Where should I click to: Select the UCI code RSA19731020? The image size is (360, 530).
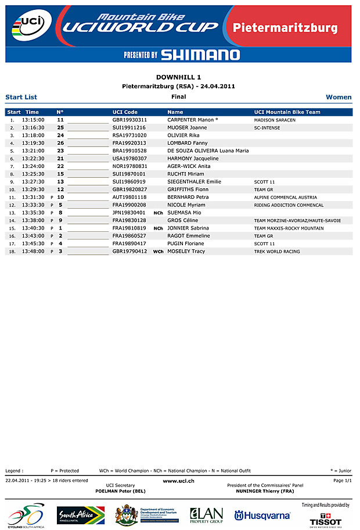129,135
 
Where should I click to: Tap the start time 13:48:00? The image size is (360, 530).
33,252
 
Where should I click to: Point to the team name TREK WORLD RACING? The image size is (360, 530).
277,252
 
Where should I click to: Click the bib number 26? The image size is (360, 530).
60,143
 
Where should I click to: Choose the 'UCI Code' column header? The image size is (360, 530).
125,112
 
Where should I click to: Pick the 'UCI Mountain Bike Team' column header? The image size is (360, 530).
287,112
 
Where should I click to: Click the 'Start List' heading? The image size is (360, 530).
21,97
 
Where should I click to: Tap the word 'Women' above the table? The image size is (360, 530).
339,97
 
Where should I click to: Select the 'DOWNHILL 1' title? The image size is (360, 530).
179,77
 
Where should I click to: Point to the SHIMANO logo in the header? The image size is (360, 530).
200,55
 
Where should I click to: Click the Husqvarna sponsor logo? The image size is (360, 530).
262,515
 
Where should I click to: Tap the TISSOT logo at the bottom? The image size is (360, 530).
326,521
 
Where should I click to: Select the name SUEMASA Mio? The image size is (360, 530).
184,213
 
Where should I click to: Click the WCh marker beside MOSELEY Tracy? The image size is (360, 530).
158,252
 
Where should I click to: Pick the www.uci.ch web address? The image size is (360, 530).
178,481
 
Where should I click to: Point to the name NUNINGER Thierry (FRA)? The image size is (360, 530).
265,491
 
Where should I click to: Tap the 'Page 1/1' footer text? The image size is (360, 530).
343,481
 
